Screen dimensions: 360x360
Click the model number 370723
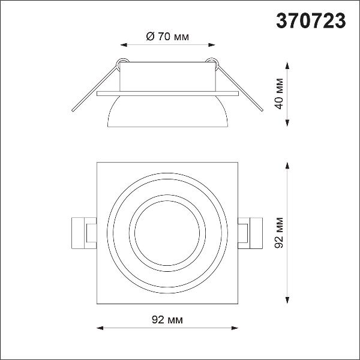point(311,20)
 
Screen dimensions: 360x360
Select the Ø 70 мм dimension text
point(167,37)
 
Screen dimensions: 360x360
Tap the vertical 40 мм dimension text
point(280,94)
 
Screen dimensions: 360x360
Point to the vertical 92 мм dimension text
point(280,233)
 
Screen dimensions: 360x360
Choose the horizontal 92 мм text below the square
point(167,320)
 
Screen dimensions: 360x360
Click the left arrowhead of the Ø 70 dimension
point(124,45)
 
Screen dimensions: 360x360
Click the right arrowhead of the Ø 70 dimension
point(211,45)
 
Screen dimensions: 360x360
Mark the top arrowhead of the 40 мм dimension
point(287,65)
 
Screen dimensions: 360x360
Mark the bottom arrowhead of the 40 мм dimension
point(287,123)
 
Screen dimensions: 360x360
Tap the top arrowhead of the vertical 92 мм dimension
point(287,166)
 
